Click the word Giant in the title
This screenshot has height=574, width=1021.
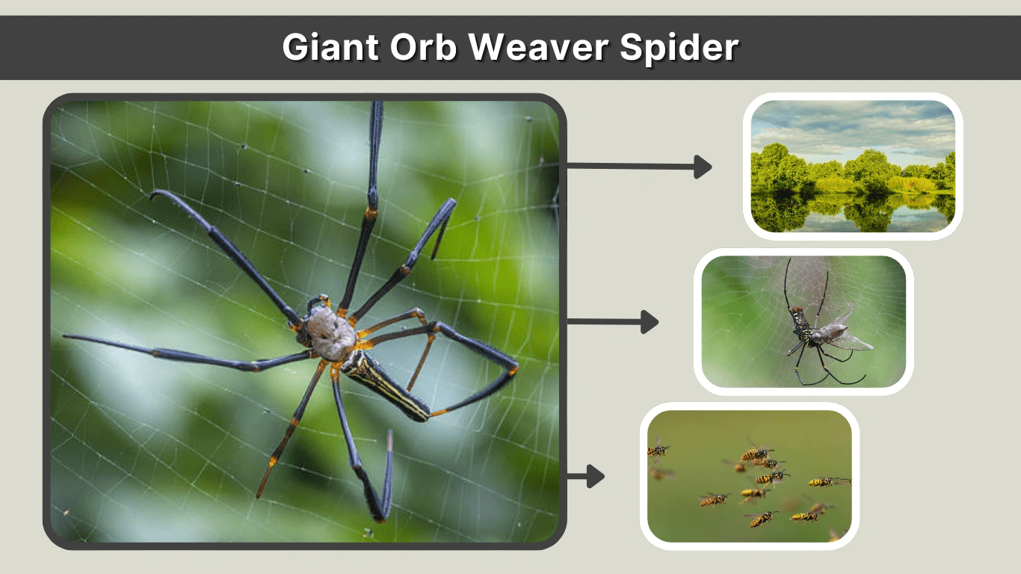[x=330, y=47]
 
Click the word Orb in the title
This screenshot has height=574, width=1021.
[x=423, y=47]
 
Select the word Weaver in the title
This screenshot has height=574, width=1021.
[x=538, y=47]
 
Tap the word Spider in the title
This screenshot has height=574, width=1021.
[x=679, y=48]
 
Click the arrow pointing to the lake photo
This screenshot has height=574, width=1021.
[x=639, y=167]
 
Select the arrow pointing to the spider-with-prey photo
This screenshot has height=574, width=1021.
[x=613, y=322]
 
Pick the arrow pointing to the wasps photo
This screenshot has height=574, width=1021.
[x=586, y=476]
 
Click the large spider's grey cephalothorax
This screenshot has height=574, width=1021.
[x=331, y=334]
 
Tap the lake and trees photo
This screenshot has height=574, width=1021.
[x=853, y=167]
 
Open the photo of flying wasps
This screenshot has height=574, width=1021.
[x=750, y=476]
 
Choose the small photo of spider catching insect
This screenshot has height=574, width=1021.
[x=803, y=321]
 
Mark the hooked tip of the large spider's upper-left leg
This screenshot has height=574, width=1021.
[x=154, y=195]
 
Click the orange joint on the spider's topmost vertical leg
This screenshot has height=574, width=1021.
[x=371, y=213]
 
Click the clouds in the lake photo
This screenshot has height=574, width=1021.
[x=853, y=128]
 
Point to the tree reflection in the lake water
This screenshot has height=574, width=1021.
[x=853, y=212]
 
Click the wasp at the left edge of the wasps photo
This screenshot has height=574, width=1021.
[x=657, y=451]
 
